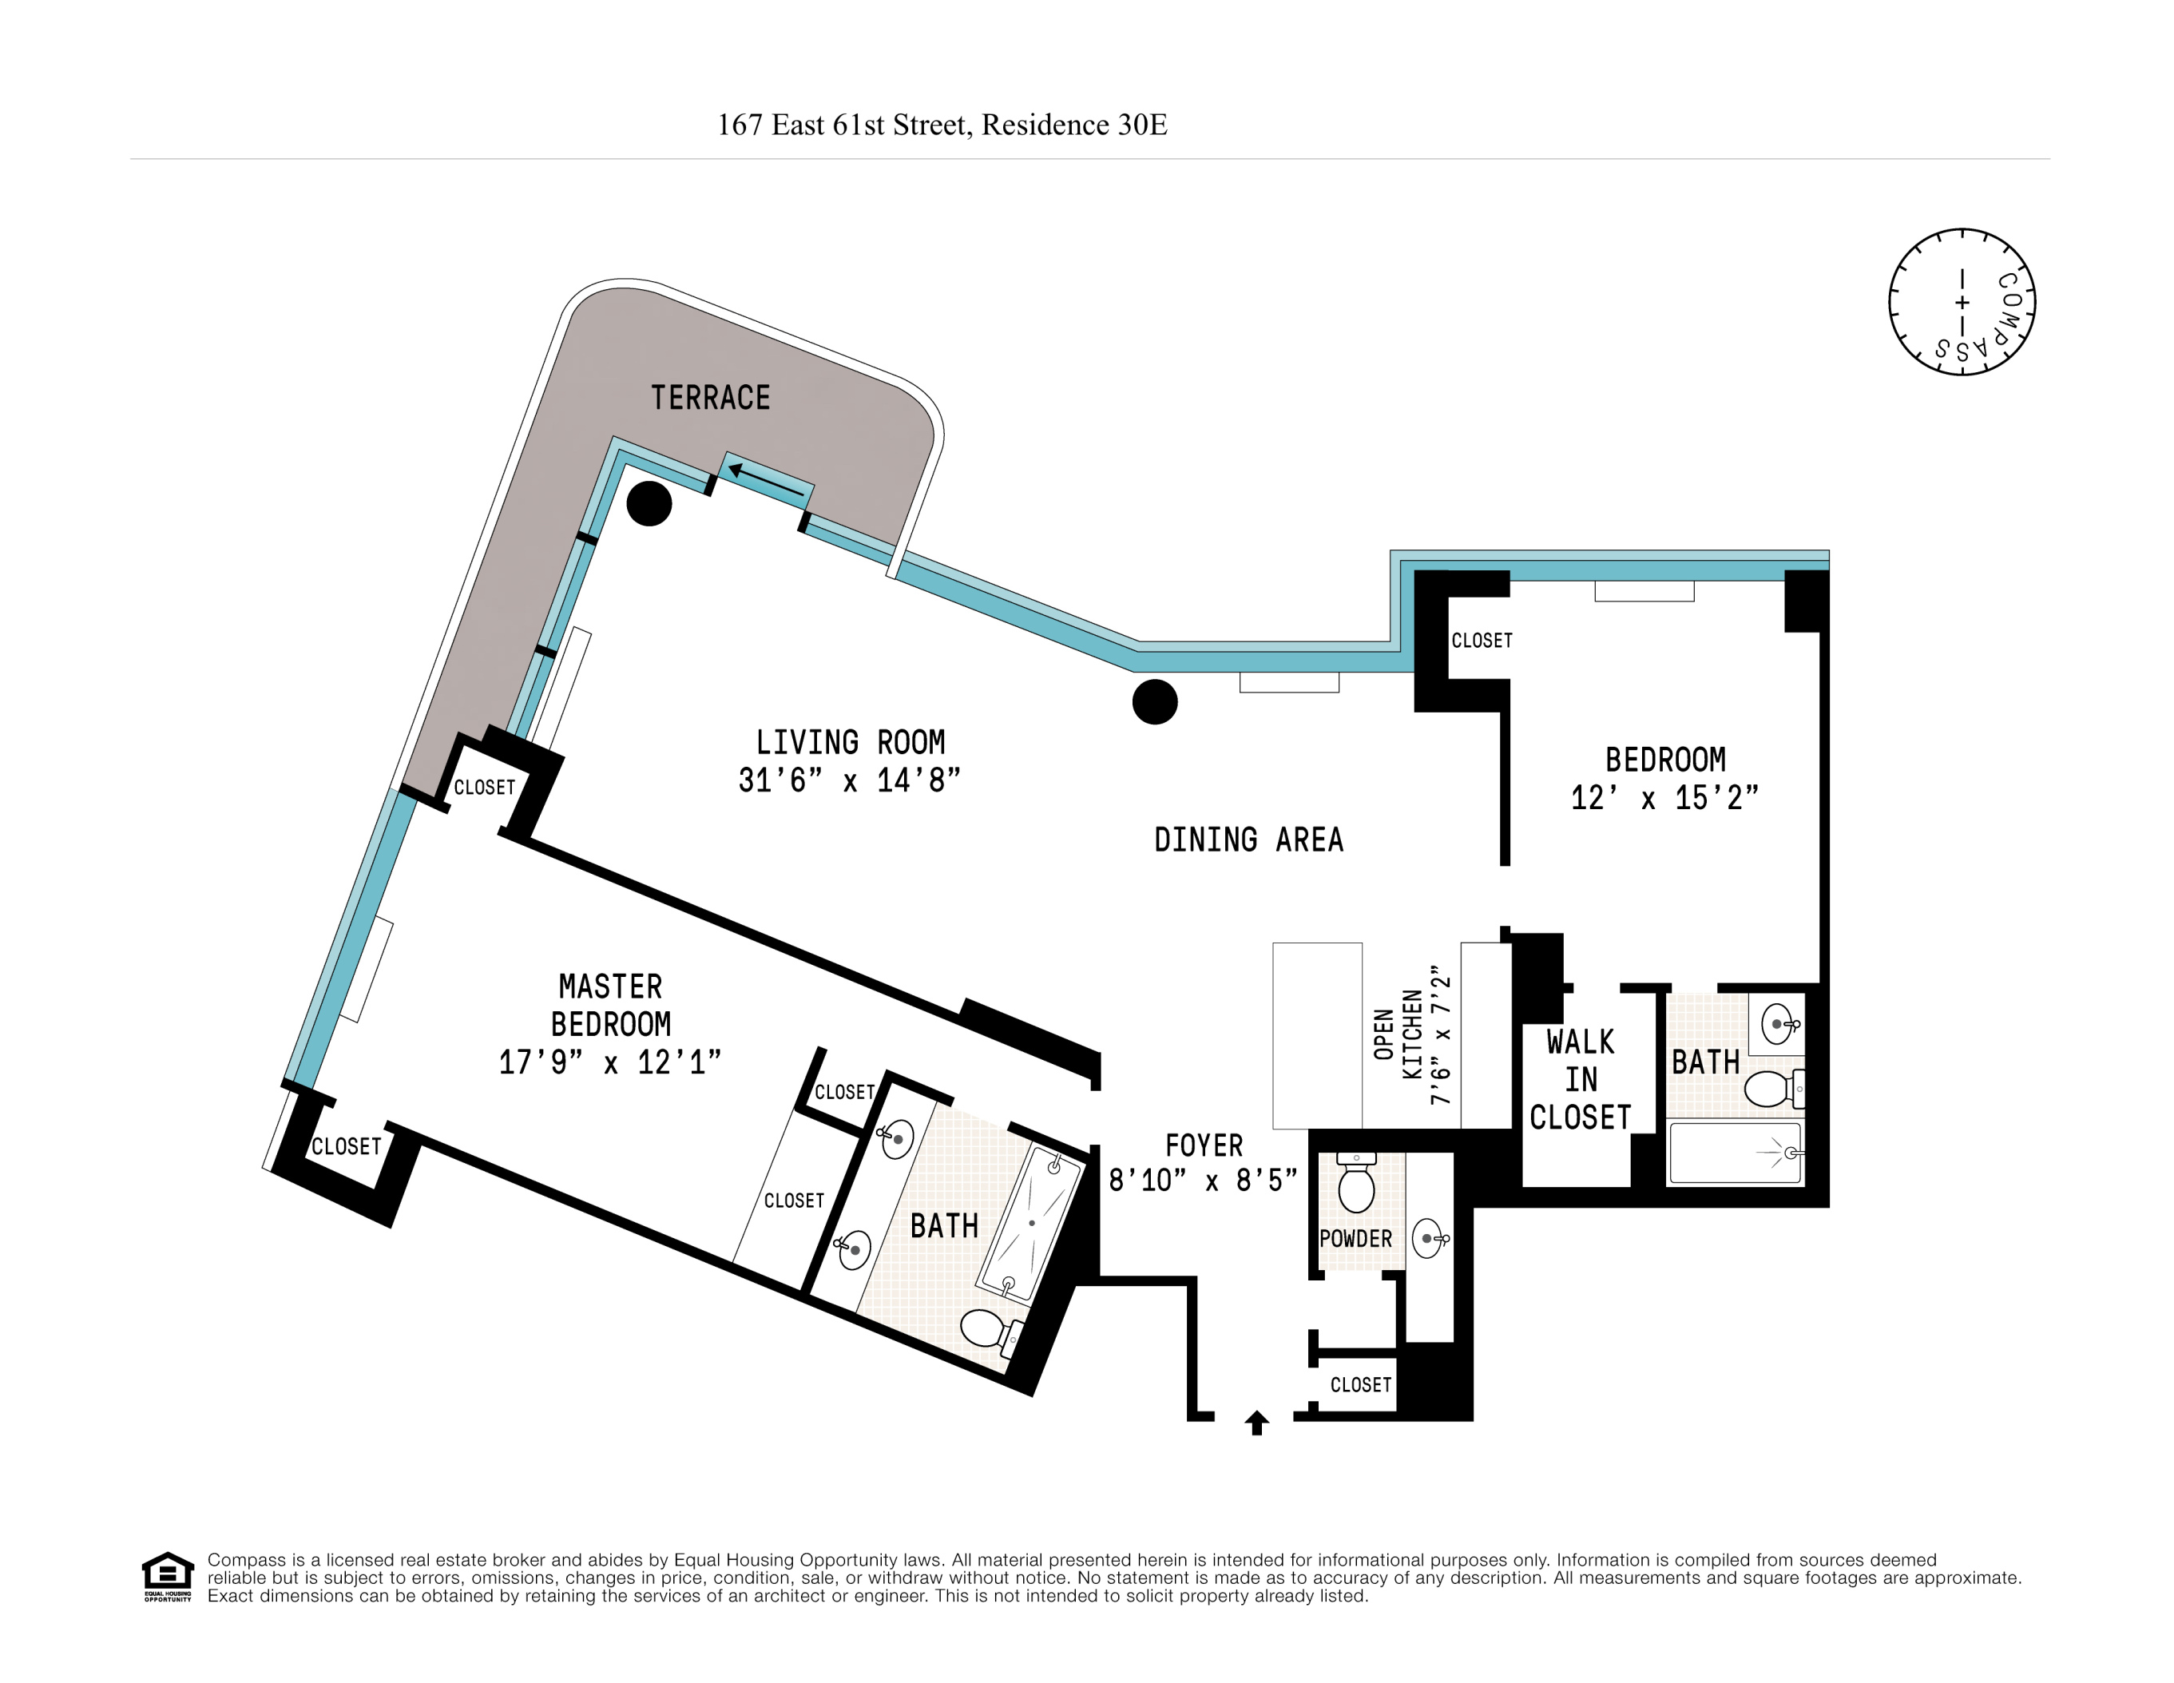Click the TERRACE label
click(x=710, y=398)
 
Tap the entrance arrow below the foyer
click(x=1256, y=1423)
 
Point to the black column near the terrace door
click(x=649, y=503)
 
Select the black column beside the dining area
click(x=1155, y=701)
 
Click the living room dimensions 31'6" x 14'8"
click(x=849, y=780)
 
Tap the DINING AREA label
click(x=1248, y=840)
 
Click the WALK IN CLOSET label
click(x=1580, y=1080)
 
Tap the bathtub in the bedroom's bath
click(x=1734, y=1153)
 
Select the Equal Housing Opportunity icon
click(x=167, y=1575)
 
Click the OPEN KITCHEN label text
click(x=1398, y=1035)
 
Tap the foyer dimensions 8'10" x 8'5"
click(x=1203, y=1181)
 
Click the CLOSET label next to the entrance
click(x=1359, y=1384)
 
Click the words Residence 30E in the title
click(x=1074, y=125)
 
